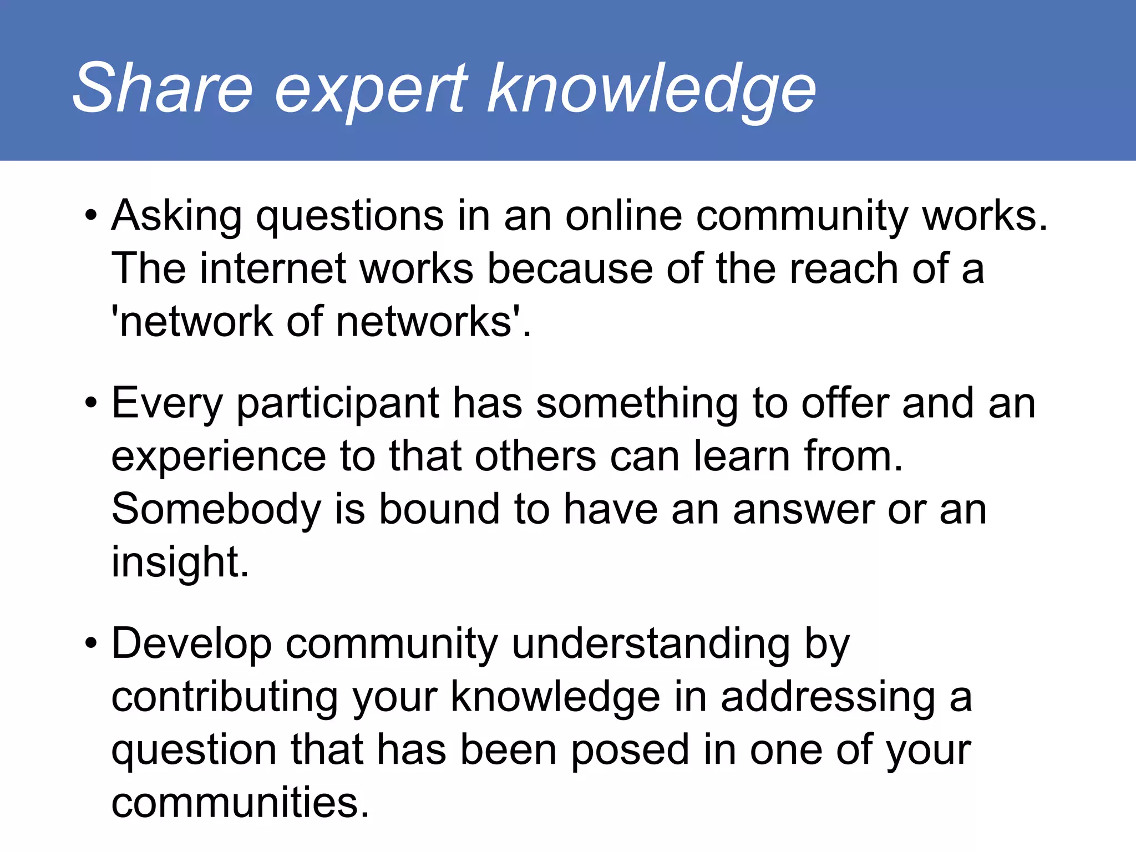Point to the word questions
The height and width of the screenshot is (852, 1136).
coord(349,217)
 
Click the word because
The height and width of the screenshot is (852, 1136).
coord(570,269)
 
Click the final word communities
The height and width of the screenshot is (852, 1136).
coord(240,803)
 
